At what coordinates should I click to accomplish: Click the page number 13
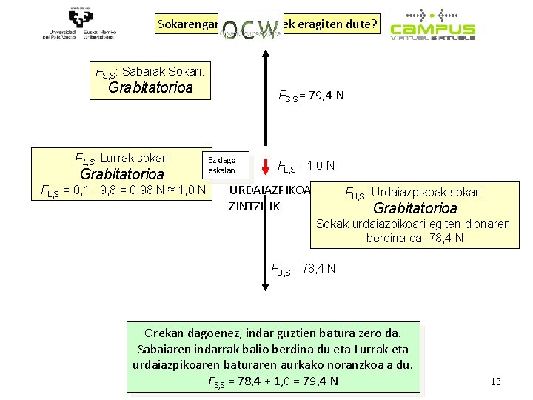[496, 381]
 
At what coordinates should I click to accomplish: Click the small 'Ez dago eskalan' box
[222, 165]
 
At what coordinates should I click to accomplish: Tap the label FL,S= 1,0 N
[306, 165]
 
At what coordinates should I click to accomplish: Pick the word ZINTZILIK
[255, 206]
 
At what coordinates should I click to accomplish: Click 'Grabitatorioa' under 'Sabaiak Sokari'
[150, 87]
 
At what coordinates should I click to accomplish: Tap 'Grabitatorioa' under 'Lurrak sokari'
[121, 174]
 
